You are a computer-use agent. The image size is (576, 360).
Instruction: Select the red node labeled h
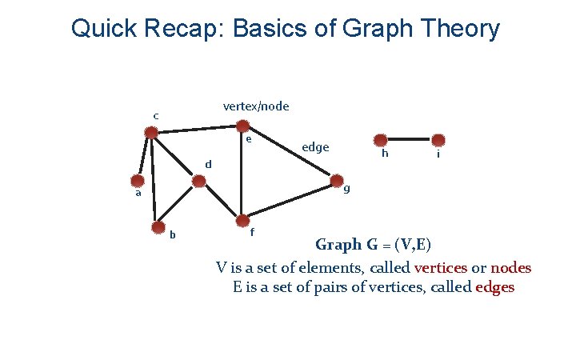click(x=382, y=139)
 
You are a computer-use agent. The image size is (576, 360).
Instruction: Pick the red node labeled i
click(x=437, y=139)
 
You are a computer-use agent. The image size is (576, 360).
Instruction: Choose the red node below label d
click(x=199, y=182)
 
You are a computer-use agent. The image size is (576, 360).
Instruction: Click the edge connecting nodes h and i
click(x=409, y=139)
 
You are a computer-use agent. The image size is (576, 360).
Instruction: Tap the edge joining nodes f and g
click(x=288, y=199)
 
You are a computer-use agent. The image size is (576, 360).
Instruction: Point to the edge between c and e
click(x=197, y=129)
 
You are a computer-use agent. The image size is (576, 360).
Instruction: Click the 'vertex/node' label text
click(x=256, y=106)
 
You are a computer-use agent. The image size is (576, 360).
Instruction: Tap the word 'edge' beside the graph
click(x=315, y=147)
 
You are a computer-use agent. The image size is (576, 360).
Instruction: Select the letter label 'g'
click(x=346, y=190)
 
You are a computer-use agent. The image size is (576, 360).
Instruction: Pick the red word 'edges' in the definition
click(x=494, y=288)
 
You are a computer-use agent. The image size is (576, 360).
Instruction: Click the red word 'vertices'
click(x=443, y=268)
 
